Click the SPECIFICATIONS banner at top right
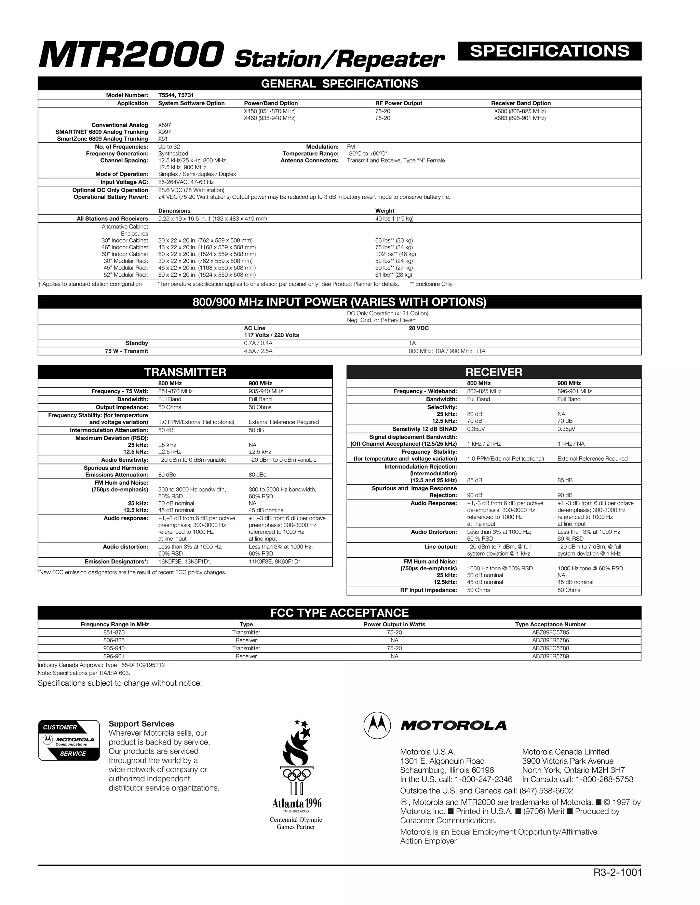pyautogui.click(x=550, y=51)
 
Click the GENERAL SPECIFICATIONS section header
pyautogui.click(x=339, y=84)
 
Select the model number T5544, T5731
pyautogui.click(x=176, y=95)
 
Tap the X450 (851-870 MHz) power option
pyautogui.click(x=270, y=111)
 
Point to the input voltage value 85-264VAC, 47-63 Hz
pyautogui.click(x=186, y=182)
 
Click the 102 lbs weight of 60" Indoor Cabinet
pyautogui.click(x=395, y=254)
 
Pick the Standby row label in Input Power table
pyautogui.click(x=136, y=343)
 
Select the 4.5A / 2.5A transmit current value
pyautogui.click(x=258, y=351)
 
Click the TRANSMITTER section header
pyautogui.click(x=185, y=372)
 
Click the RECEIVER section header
pyautogui.click(x=494, y=372)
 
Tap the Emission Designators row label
pyautogui.click(x=116, y=562)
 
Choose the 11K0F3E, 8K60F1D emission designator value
pyautogui.click(x=274, y=562)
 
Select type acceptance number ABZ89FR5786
pyautogui.click(x=550, y=640)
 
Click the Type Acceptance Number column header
pyautogui.click(x=550, y=625)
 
